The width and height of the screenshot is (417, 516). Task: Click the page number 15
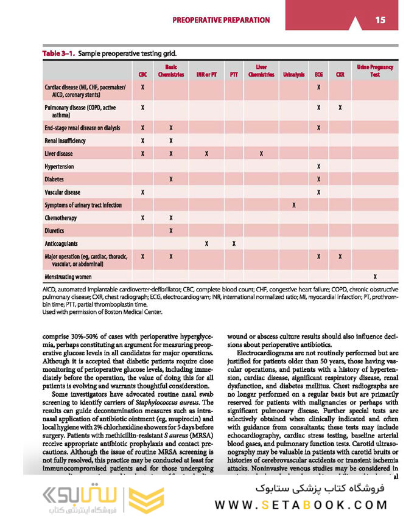[380, 20]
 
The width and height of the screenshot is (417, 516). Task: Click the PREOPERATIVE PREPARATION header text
[221, 20]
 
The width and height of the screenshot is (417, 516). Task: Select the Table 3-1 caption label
[58, 54]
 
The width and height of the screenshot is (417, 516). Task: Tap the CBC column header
[142, 75]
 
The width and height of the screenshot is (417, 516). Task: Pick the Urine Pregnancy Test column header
[374, 71]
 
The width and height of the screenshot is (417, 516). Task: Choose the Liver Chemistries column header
[261, 71]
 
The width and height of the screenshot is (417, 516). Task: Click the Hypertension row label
[59, 167]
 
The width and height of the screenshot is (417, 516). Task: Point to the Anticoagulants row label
[61, 243]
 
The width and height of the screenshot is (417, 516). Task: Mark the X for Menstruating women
[374, 277]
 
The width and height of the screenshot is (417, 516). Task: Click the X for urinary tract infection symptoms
[294, 205]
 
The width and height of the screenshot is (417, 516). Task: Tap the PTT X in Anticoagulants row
[234, 243]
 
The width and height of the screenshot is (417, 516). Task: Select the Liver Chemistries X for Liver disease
[261, 154]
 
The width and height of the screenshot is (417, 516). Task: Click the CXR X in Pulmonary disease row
[340, 108]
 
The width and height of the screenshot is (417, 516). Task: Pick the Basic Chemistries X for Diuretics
[171, 231]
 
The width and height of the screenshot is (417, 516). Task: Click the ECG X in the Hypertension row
[318, 167]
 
